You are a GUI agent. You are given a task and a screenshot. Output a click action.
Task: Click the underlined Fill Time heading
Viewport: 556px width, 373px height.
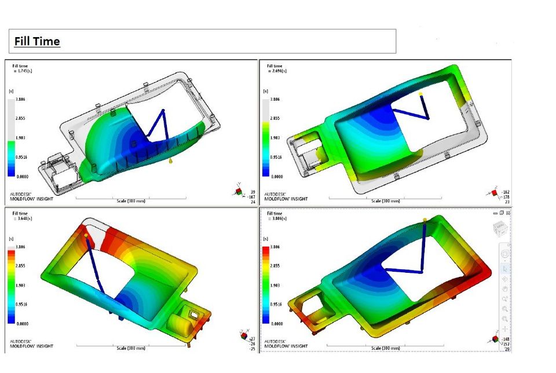pyautogui.click(x=37, y=41)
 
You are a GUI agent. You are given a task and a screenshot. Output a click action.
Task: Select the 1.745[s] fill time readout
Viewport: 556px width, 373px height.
pyautogui.click(x=23, y=71)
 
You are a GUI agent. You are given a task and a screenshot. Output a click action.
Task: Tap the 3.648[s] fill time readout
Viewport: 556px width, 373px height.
pyautogui.click(x=24, y=218)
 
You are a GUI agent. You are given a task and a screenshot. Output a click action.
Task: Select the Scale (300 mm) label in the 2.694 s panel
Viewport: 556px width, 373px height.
pyautogui.click(x=385, y=201)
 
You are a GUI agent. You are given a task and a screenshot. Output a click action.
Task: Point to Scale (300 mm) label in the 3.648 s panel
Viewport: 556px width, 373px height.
pyautogui.click(x=130, y=348)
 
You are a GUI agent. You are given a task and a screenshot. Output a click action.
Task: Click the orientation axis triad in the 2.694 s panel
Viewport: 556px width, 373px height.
pyautogui.click(x=494, y=191)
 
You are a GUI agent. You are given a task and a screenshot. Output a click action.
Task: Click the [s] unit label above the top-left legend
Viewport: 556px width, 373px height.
pyautogui.click(x=11, y=92)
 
